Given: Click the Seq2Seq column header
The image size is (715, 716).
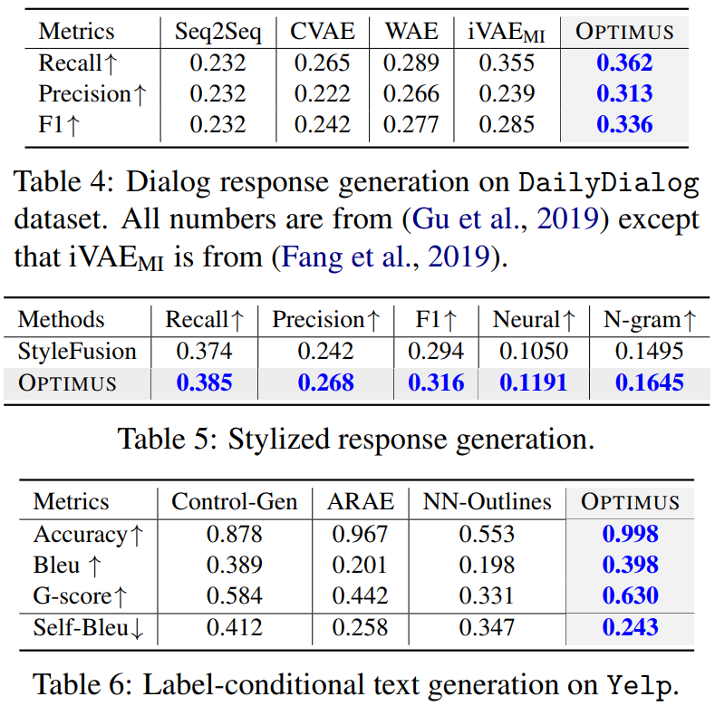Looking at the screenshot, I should [x=217, y=32].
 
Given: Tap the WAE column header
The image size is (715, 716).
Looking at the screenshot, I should [x=411, y=32].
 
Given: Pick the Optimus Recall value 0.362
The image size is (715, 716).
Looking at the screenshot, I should [x=624, y=63].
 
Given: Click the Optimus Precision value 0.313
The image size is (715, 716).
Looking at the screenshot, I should [x=624, y=94].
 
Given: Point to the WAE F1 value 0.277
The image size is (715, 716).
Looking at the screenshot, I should [x=411, y=125].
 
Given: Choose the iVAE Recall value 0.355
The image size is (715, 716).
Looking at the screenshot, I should [x=507, y=63].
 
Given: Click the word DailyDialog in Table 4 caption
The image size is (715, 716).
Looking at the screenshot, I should [x=608, y=184].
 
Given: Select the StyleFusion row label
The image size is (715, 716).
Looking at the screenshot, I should [x=77, y=352].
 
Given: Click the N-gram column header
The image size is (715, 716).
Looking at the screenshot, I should [x=650, y=320].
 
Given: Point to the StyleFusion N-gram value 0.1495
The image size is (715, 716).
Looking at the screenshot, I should [x=650, y=352].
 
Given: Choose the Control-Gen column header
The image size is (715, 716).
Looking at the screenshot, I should [x=235, y=502].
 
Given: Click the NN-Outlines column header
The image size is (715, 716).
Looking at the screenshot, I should [x=486, y=502].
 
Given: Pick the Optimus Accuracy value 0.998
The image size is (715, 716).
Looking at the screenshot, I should [x=631, y=534].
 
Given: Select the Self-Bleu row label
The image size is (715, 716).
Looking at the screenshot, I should [x=89, y=627].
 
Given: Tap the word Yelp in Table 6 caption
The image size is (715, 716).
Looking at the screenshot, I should [x=640, y=686].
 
